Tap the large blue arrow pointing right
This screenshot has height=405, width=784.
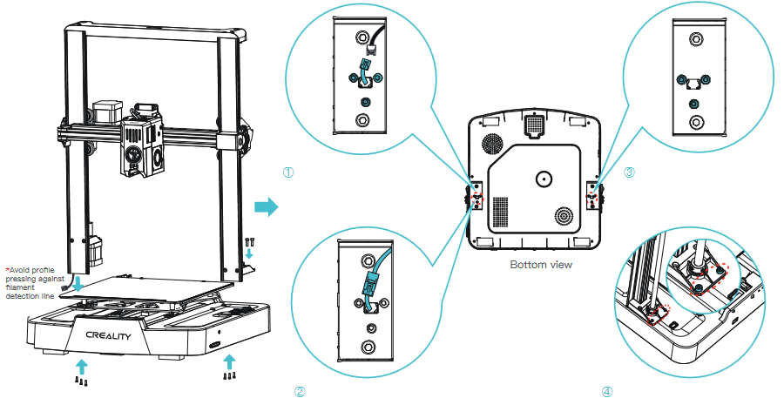[267, 207]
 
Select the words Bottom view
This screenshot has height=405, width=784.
[541, 264]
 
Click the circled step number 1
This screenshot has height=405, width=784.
[288, 172]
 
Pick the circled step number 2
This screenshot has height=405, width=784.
[300, 391]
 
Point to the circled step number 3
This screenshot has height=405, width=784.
[630, 172]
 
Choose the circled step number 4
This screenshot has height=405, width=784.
[606, 391]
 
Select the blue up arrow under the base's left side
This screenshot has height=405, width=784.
[82, 363]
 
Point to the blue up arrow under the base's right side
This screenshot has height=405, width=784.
[229, 361]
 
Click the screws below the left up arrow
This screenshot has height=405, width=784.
[82, 381]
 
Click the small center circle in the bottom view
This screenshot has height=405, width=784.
[544, 180]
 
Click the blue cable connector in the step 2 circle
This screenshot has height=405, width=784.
[368, 284]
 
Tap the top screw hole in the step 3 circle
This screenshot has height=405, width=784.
[694, 38]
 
